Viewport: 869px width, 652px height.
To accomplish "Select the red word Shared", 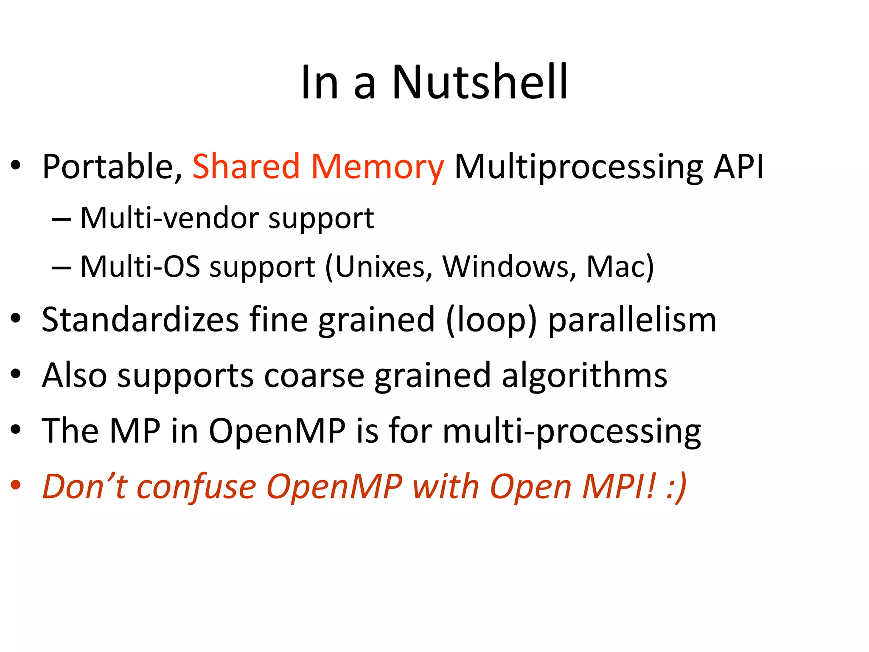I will (x=246, y=166).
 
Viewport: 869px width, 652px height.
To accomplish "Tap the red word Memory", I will (x=377, y=167).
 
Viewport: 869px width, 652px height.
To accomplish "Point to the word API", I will (x=738, y=166).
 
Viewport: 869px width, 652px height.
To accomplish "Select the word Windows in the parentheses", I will (x=509, y=267).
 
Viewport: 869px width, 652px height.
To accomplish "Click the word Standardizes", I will (x=140, y=320).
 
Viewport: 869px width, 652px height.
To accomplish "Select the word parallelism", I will (x=632, y=320).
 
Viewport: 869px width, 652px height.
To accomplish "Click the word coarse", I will (x=314, y=375).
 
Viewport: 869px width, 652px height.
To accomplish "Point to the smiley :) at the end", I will (x=676, y=487).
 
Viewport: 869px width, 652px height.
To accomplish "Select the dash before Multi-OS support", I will (x=61, y=268).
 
